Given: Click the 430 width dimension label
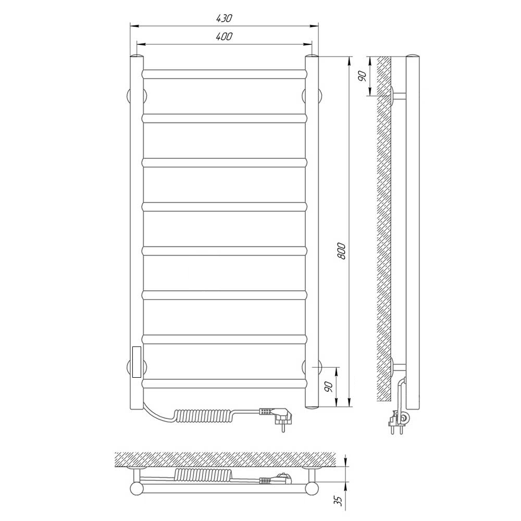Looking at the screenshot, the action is tap(224, 18).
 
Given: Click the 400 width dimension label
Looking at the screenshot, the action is tap(224, 36).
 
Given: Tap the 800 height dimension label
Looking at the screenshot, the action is tap(341, 251).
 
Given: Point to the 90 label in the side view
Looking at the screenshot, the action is tap(362, 76).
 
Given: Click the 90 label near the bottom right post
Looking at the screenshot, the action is tap(329, 387).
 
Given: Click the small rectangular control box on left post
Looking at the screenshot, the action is tap(137, 362).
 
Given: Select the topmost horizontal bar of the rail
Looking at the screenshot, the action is tap(225, 74).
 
